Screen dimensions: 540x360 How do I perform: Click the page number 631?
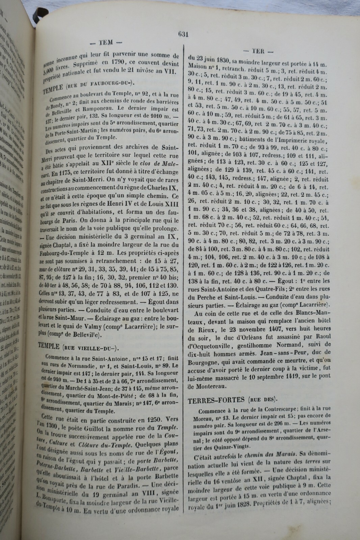183,34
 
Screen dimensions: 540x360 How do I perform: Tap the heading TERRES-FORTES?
216,400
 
